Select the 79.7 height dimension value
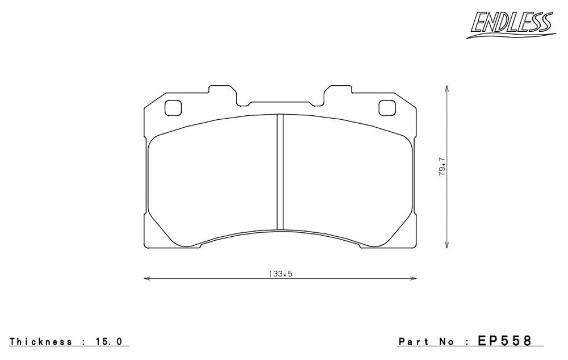[x=441, y=171]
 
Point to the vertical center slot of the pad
[x=279, y=172]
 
